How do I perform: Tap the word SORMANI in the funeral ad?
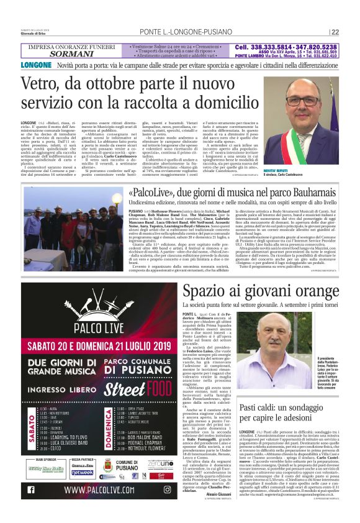71,54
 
